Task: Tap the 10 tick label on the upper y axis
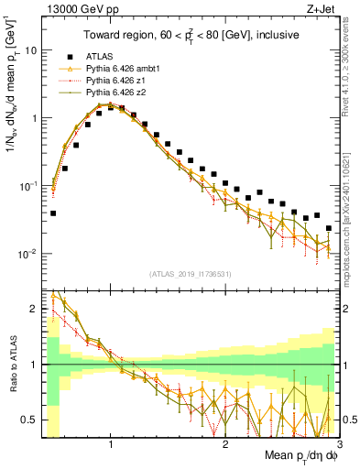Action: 32,50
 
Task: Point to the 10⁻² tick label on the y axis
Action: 29,254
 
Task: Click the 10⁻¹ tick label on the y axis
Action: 29,186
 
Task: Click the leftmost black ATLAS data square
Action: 53,213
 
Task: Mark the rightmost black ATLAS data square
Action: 328,228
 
